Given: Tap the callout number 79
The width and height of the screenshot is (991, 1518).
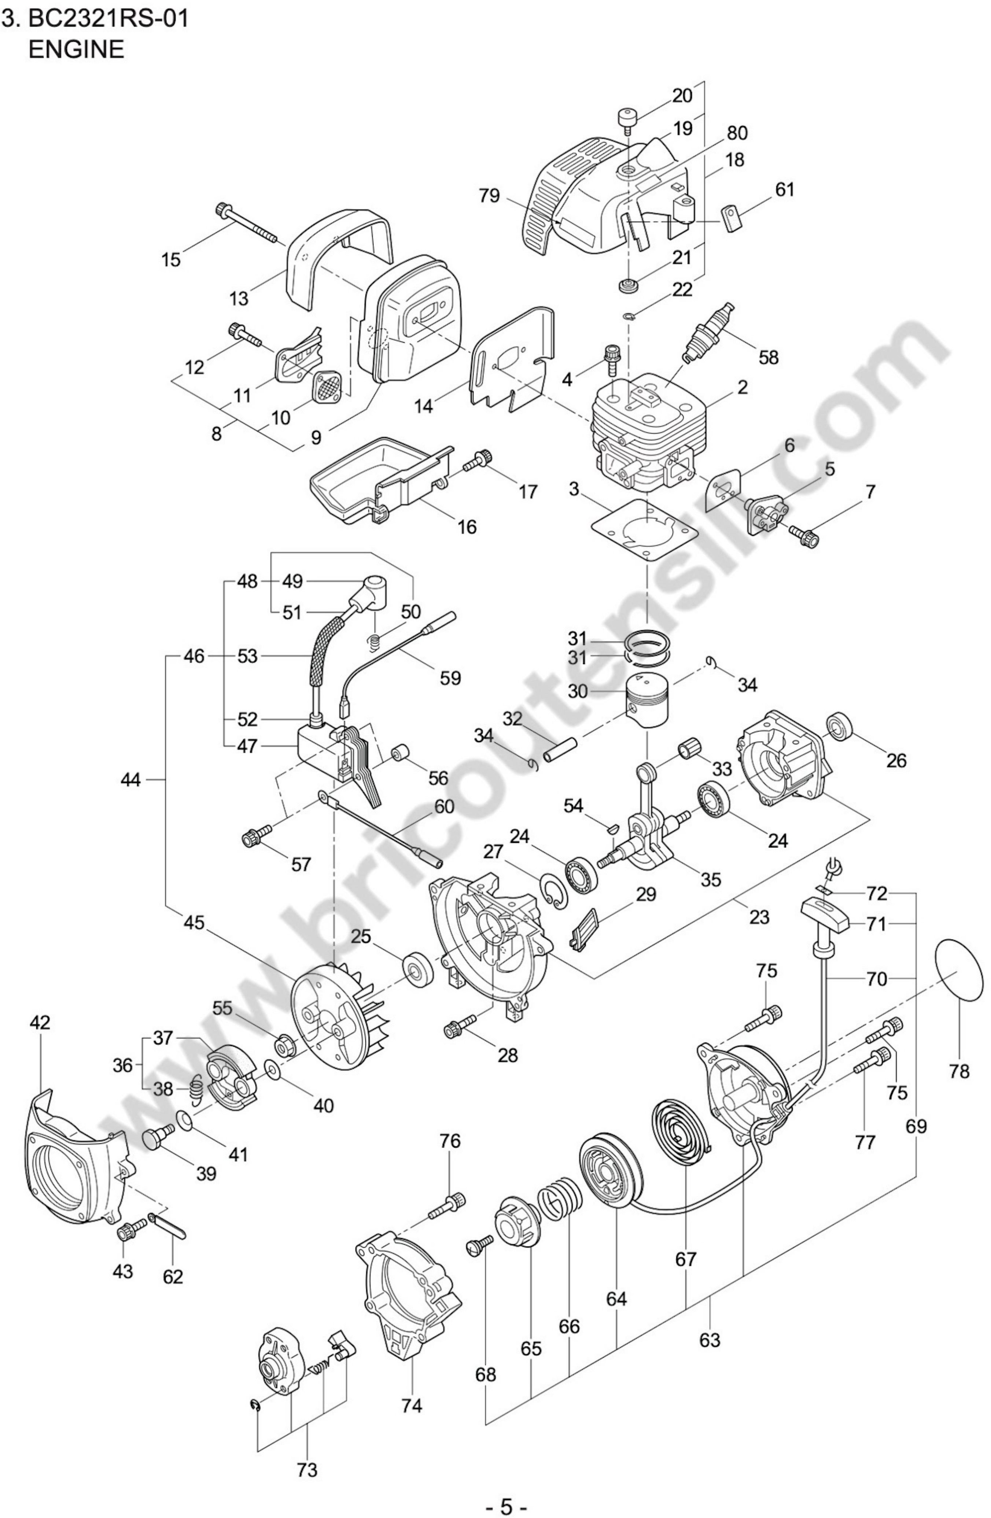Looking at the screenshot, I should pos(490,196).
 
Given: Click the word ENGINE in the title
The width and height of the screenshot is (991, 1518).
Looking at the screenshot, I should pos(77,49).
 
